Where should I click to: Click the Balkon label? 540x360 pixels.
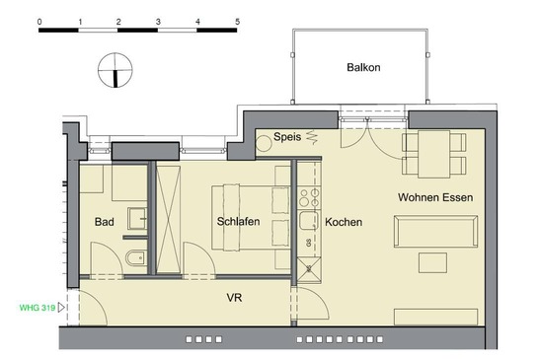pos(363,67)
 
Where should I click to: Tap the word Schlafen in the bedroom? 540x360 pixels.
pos(238,221)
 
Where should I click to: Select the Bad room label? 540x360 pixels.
pos(104,222)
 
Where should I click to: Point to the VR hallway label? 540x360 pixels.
pos(234,298)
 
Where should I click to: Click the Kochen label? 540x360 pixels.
pos(344,222)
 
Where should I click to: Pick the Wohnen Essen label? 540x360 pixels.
pos(435,197)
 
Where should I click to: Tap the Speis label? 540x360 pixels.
pos(287,137)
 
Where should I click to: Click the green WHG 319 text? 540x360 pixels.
pos(38,308)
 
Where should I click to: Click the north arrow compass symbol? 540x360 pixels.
pos(116,70)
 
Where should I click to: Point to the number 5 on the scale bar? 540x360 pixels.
pos(237,22)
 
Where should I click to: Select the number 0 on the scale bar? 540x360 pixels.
pos(39,22)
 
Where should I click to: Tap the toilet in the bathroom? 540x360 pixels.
pos(135,258)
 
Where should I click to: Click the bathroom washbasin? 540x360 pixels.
pos(137,218)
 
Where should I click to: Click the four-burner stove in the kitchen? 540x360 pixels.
pos(309,197)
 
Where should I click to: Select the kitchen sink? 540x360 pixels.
pos(308,221)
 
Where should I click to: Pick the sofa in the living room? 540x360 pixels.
pos(435,231)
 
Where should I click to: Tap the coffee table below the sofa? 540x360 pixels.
pos(433,262)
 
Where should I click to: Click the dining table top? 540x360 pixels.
pos(434,154)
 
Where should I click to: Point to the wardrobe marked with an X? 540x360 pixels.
pos(168,220)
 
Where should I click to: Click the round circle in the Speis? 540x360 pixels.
pos(265,143)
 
